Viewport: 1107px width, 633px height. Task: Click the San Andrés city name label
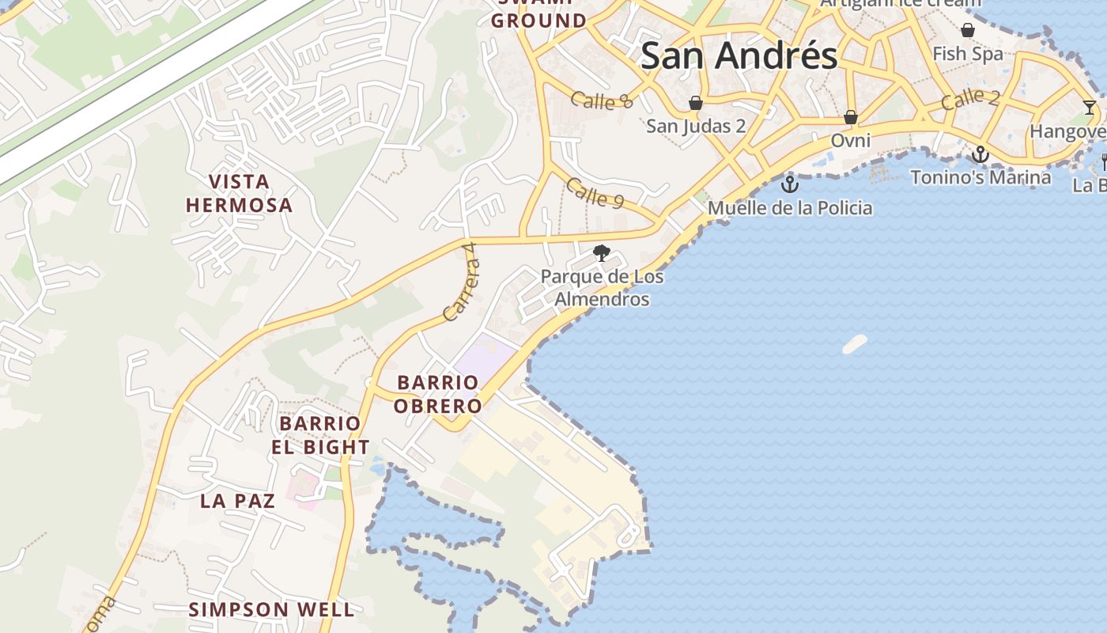(739, 55)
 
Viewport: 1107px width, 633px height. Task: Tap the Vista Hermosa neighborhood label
(239, 194)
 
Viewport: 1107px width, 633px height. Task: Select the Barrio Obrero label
(439, 394)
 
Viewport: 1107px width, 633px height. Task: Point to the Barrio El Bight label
(320, 435)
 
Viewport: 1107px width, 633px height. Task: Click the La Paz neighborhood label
(237, 501)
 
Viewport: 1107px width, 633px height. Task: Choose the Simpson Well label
(271, 609)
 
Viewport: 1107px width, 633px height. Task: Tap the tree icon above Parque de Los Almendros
(602, 253)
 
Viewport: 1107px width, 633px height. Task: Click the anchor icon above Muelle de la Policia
(789, 185)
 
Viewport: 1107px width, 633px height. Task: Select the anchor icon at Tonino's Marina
(980, 154)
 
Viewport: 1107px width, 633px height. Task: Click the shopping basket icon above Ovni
(851, 117)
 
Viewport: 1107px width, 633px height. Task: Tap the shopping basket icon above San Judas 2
(696, 103)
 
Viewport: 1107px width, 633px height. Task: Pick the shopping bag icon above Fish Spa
(967, 30)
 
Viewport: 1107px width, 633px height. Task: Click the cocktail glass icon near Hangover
(1090, 108)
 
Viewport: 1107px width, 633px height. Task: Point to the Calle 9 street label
(595, 194)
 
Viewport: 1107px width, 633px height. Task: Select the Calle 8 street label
(603, 100)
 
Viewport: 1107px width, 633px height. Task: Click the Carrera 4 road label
(462, 282)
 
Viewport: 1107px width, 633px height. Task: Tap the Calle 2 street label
(970, 100)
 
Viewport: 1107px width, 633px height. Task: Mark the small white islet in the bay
(855, 344)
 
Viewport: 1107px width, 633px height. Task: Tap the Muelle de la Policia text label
(790, 208)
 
